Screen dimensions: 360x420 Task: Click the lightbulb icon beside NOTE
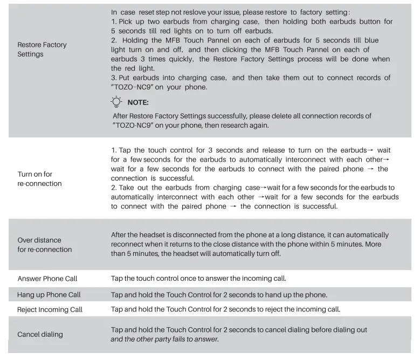pos(116,102)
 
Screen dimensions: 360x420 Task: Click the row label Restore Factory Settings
pos(42,49)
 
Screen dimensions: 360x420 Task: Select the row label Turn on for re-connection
pos(39,179)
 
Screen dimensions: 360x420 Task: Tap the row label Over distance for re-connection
pos(45,245)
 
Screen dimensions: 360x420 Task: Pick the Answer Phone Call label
pos(47,279)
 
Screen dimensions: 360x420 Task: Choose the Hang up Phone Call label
pos(49,295)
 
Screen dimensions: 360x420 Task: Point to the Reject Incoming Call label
pos(50,310)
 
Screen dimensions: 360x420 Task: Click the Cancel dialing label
pos(40,334)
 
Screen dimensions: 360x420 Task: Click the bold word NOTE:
pos(138,102)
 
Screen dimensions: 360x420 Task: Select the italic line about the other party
pos(164,339)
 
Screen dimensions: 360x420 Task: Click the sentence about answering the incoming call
pos(198,279)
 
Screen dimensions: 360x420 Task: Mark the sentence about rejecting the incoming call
pos(225,309)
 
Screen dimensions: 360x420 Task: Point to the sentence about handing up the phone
pos(219,295)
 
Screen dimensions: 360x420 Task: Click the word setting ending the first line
pos(335,12)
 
